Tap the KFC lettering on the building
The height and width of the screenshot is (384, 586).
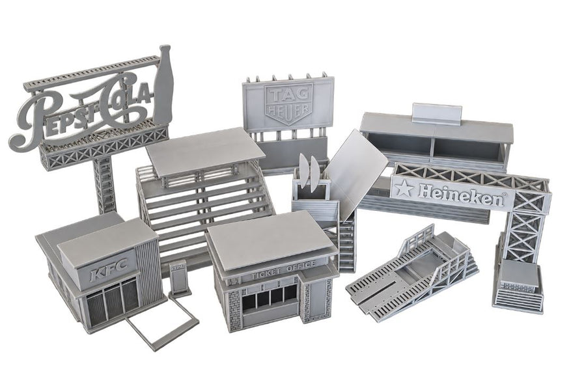pyautogui.click(x=108, y=268)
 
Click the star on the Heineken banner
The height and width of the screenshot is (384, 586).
pyautogui.click(x=404, y=189)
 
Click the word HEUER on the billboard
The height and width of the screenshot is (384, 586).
pyautogui.click(x=287, y=109)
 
